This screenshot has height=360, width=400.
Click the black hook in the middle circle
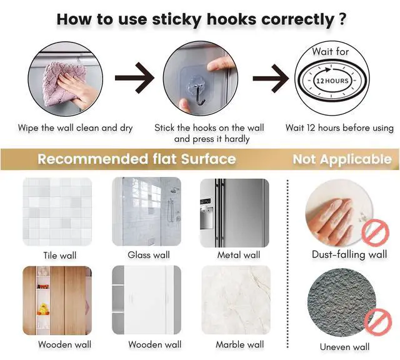click(x=199, y=96)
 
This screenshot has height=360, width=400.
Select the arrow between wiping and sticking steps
click(x=134, y=78)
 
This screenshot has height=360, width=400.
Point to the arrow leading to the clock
click(x=271, y=78)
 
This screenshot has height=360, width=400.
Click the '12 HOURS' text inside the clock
click(x=332, y=81)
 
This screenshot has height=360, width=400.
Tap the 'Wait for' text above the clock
click(x=331, y=51)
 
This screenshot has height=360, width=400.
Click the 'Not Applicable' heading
click(x=342, y=159)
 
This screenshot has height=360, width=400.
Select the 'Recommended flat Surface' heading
click(x=137, y=159)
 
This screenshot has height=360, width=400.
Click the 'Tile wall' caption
click(x=60, y=256)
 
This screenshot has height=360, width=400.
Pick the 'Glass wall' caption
click(x=149, y=255)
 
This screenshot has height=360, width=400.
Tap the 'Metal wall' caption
click(x=239, y=255)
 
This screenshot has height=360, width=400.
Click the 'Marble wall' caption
click(x=240, y=345)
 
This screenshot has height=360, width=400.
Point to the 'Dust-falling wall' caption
click(x=349, y=254)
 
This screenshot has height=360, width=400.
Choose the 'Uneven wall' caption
click(x=344, y=347)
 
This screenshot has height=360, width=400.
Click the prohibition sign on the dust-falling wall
click(x=375, y=232)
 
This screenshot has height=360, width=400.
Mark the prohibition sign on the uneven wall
click(x=377, y=321)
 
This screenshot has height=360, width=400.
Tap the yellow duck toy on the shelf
click(x=43, y=309)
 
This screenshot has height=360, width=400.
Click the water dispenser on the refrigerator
click(x=206, y=217)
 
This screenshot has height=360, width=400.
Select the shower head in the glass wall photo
click(x=174, y=191)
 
